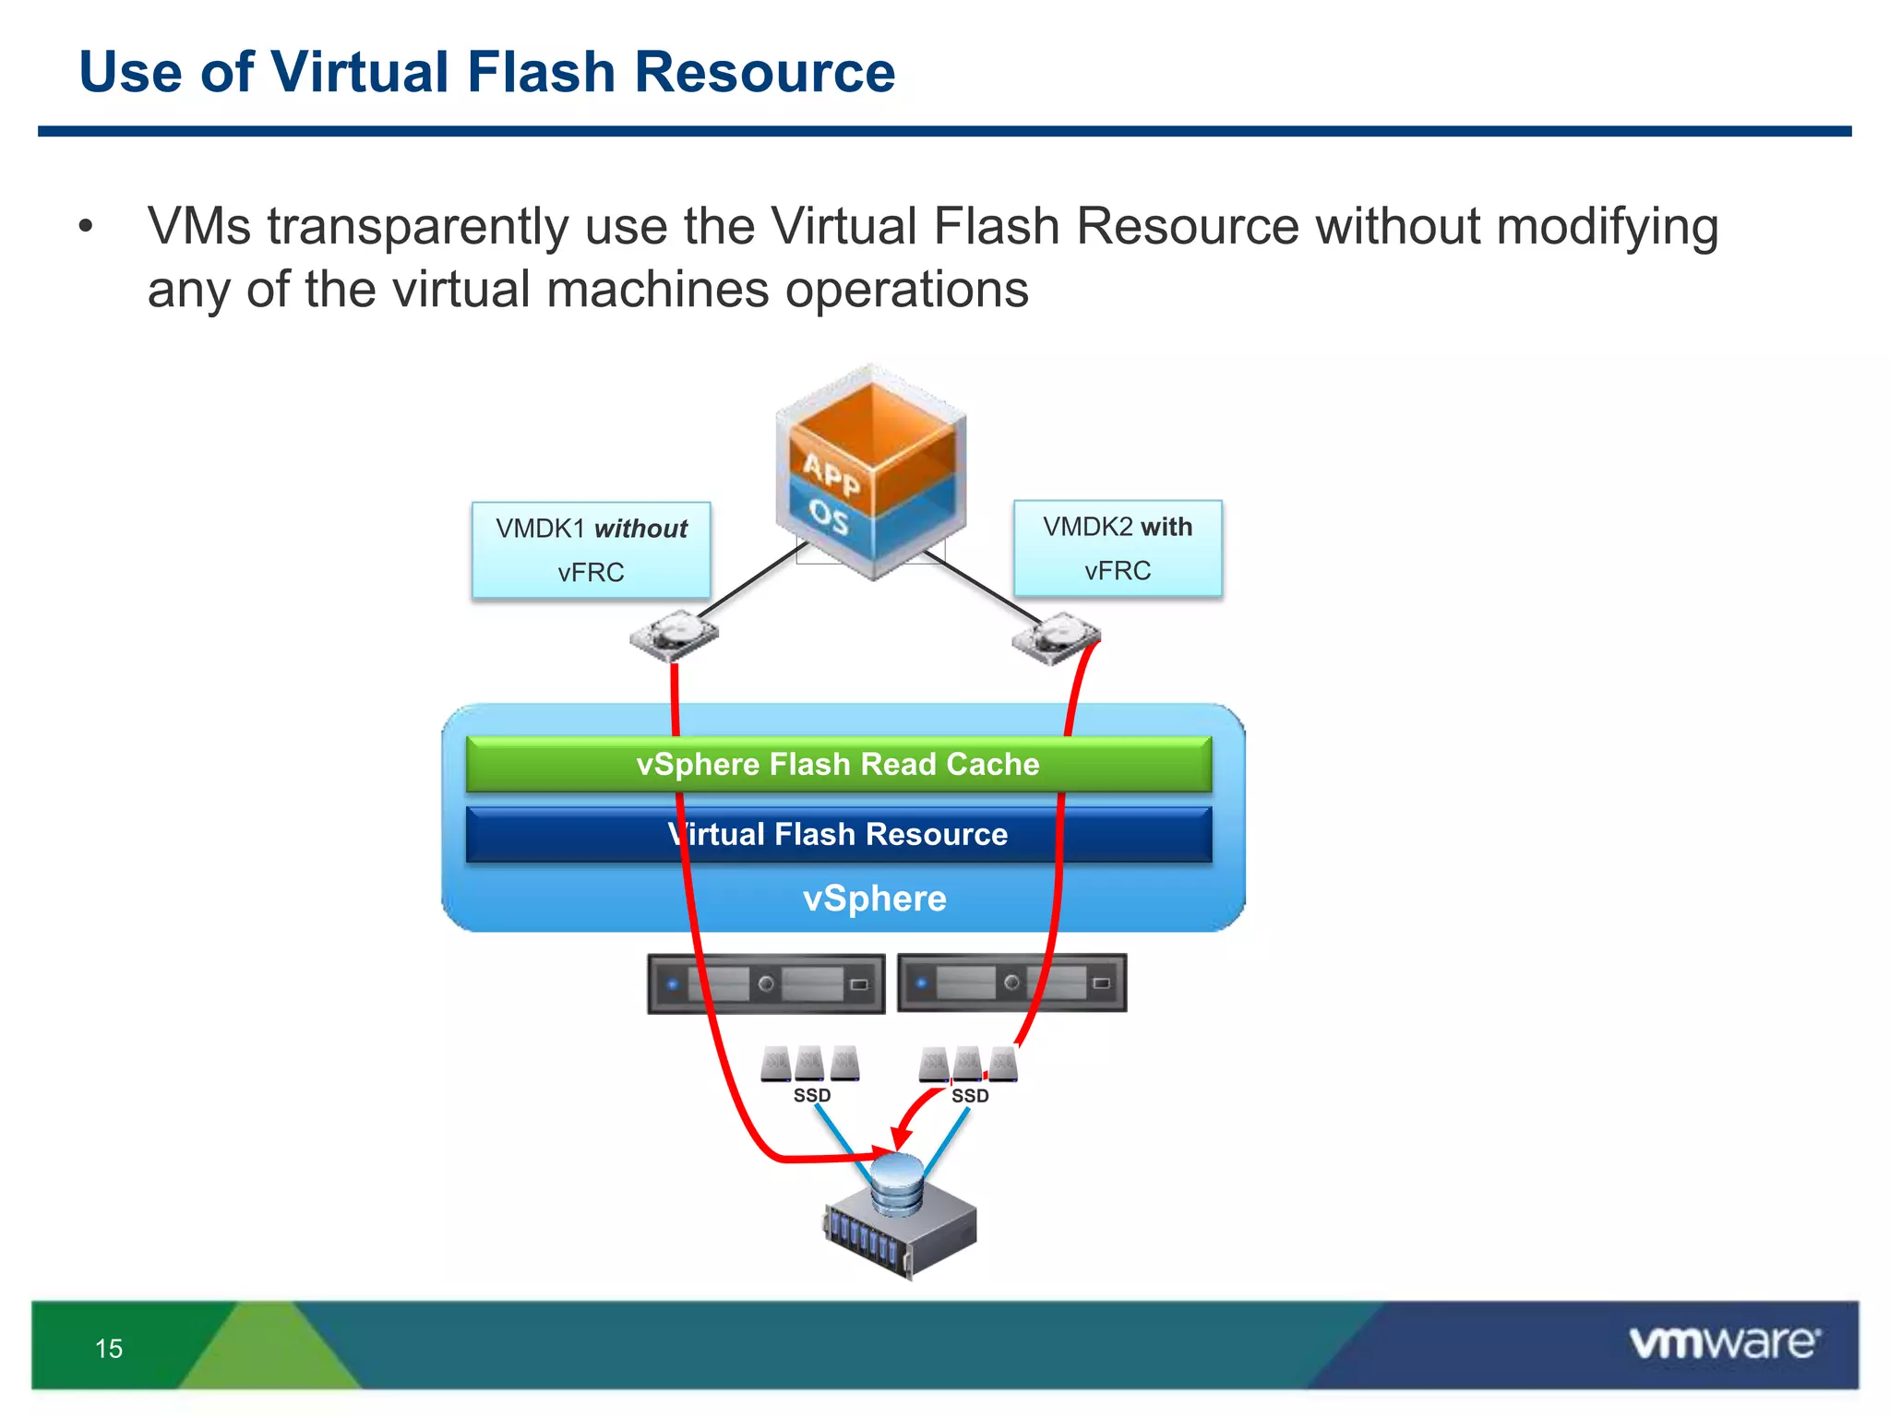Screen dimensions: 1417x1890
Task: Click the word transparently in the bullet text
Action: pos(418,227)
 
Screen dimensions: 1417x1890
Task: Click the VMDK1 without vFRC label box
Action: pos(591,550)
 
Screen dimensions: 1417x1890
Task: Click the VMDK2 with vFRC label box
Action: pos(1117,548)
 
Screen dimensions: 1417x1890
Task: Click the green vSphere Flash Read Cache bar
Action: pos(838,764)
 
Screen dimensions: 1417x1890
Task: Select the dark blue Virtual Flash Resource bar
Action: pos(838,834)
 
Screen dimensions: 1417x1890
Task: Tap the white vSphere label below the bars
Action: pos(874,899)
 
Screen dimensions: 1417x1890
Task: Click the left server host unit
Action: pos(766,984)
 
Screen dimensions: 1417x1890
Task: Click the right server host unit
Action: pos(1011,983)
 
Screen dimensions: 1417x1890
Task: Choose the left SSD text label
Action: pos(812,1096)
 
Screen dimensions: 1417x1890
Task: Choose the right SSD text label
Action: pos(970,1096)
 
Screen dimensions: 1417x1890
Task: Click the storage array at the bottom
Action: pos(900,1218)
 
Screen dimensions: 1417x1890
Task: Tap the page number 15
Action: pos(109,1349)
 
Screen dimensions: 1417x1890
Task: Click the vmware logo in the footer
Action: pos(1724,1342)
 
